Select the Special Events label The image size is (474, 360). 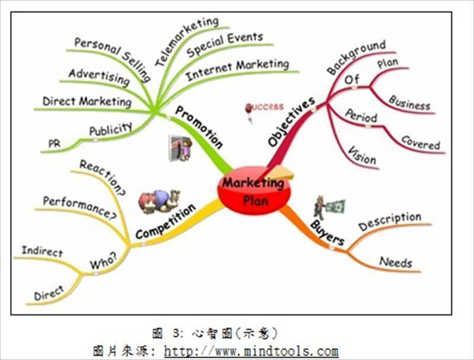point(225,45)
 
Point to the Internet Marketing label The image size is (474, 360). point(237,69)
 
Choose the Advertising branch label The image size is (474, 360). point(98,78)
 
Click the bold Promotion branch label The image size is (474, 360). point(199,127)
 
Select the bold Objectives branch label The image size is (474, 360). point(291,122)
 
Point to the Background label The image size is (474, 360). point(356,57)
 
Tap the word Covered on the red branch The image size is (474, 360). point(421,142)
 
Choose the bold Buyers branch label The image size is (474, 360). point(327,232)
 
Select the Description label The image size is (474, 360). point(390,221)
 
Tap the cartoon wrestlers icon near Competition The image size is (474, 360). point(159,201)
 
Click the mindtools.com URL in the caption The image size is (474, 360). point(251,351)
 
